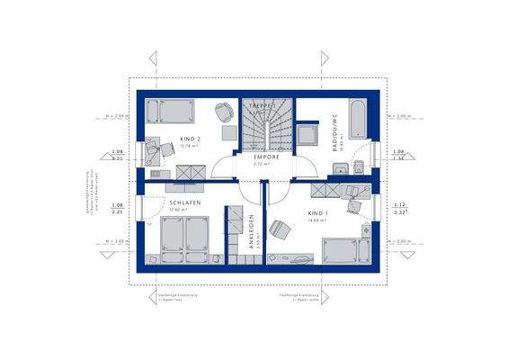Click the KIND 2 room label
point(189,139)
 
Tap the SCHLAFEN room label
point(183,203)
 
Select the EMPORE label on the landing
point(266,157)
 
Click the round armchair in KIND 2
point(223,112)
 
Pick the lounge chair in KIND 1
point(280,229)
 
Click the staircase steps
point(265,130)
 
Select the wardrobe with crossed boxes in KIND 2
point(190,171)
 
